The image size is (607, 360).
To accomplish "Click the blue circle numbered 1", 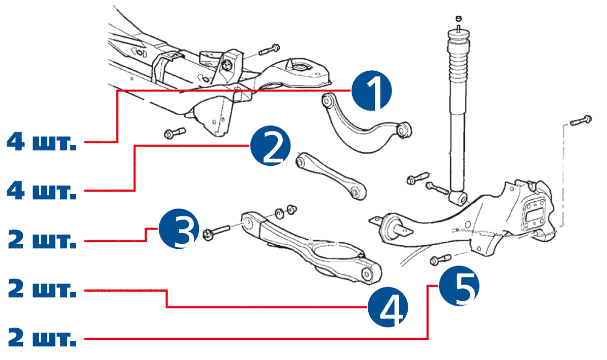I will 372,91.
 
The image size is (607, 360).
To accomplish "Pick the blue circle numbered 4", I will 387,307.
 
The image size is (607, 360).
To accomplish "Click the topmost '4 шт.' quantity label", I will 41,142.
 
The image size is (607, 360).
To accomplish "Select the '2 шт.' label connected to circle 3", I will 41,240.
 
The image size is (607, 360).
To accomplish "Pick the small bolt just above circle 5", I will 440,259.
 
